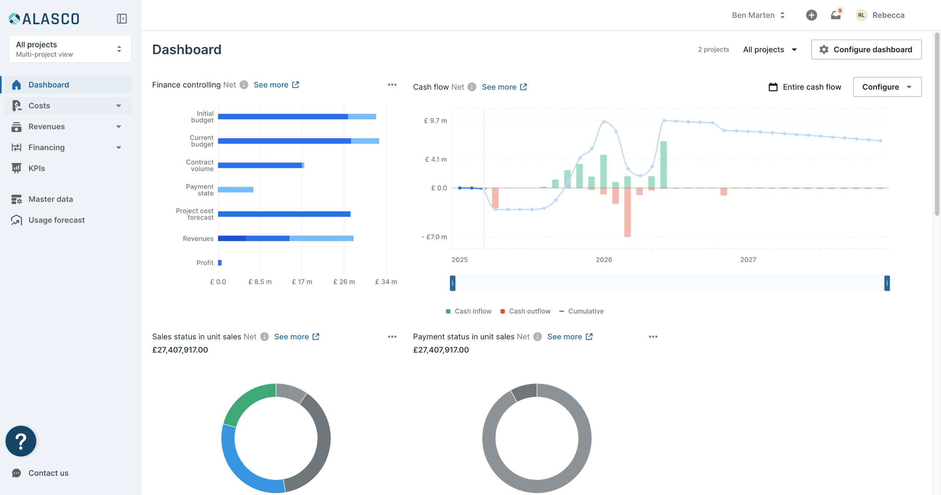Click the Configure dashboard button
click(x=866, y=49)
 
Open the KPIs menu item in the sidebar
click(x=37, y=168)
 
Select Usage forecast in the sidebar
click(x=56, y=220)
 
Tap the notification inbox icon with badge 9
click(x=836, y=15)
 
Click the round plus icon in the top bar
click(x=811, y=15)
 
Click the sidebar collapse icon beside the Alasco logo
click(x=122, y=19)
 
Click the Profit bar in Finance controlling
click(x=220, y=263)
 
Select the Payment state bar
click(x=236, y=190)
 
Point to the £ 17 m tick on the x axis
click(x=302, y=282)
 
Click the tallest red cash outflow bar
click(x=627, y=213)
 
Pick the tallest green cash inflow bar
click(x=663, y=165)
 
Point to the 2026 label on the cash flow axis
click(x=604, y=260)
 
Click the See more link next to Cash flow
click(x=504, y=87)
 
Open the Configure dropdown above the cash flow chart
click(x=887, y=87)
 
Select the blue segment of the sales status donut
click(x=243, y=467)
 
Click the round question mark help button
click(x=21, y=441)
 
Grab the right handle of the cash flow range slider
click(x=887, y=283)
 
